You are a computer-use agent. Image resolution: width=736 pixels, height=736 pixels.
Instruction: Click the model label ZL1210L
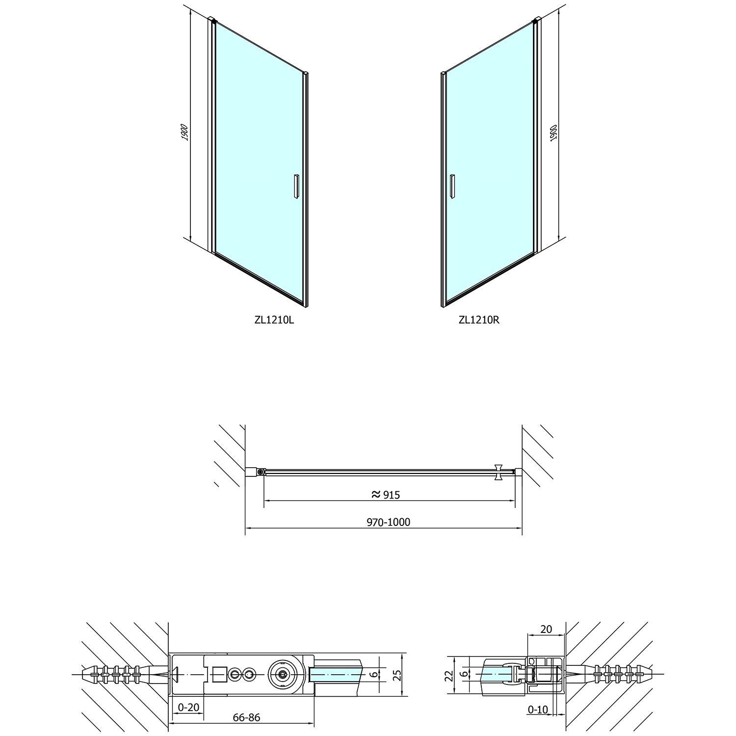coord(274,320)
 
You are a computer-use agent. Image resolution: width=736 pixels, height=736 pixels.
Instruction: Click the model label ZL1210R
coord(479,320)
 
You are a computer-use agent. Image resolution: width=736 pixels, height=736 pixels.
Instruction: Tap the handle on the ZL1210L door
coord(296,186)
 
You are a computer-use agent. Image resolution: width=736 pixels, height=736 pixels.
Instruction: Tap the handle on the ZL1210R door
coord(453,186)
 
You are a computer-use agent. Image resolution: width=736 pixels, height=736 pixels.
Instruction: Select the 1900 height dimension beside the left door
coord(184,133)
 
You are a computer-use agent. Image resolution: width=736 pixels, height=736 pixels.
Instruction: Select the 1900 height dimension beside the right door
coord(553,133)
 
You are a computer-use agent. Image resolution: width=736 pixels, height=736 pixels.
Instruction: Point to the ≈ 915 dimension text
coord(386,495)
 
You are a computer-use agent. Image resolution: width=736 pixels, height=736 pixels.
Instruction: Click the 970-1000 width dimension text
coord(388,522)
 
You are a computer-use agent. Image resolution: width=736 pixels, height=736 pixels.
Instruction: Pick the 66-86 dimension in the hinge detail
coord(246,717)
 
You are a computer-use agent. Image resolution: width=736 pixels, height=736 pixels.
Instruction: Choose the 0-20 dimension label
coord(188,707)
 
